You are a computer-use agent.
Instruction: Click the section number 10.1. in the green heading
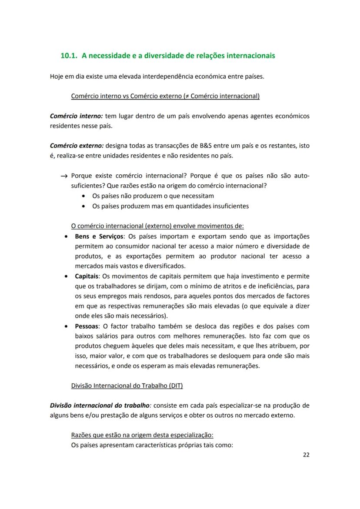pos(69,56)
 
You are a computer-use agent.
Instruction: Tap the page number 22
pos(306,455)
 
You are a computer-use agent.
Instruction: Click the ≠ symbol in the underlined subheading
pos(186,96)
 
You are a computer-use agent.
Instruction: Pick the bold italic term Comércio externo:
pos(77,146)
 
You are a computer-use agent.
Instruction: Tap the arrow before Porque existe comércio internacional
pos(64,176)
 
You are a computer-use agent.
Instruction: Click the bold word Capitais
pos(87,276)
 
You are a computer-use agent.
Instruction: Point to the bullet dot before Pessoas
pos(65,326)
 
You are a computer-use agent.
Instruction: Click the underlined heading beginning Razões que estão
pos(142,435)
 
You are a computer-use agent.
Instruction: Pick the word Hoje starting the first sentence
pos(57,77)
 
